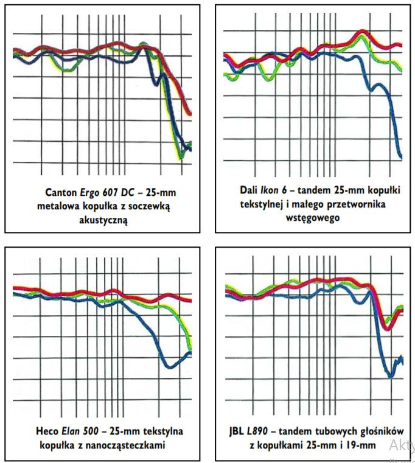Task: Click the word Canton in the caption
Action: (x=59, y=193)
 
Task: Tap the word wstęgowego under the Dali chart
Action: (x=311, y=217)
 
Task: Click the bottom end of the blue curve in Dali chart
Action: (x=400, y=157)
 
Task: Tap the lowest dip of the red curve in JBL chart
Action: (x=386, y=328)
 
